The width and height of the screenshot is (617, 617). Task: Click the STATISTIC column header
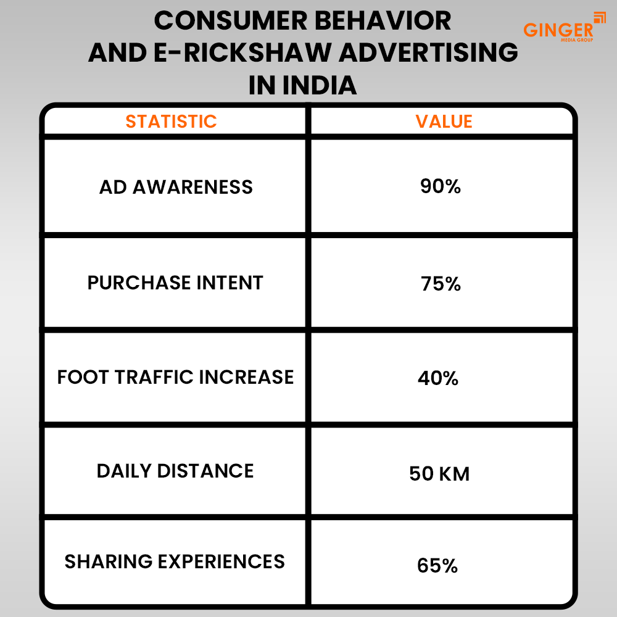coord(171,122)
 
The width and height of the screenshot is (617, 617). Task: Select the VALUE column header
coord(444,122)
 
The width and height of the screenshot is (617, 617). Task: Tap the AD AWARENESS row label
coord(176,187)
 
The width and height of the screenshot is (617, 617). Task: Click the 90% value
coord(441,186)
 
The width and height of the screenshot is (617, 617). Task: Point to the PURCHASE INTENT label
coord(175,283)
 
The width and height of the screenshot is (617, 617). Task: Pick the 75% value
coord(441,284)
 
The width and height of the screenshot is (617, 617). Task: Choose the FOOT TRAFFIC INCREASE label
coord(175,377)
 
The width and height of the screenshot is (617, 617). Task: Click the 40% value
coord(438,378)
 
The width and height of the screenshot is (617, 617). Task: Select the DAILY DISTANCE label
coord(175,471)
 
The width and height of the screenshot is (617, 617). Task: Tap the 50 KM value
coord(439,473)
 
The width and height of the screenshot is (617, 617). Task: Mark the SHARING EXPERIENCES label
coord(175,561)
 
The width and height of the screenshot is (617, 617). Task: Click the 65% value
coord(437,565)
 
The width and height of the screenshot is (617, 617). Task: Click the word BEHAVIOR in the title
coord(383,20)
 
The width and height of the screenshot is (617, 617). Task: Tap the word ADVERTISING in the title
coord(429,52)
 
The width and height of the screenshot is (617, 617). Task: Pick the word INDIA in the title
coord(319,85)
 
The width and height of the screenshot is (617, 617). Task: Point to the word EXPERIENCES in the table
coord(221,561)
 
